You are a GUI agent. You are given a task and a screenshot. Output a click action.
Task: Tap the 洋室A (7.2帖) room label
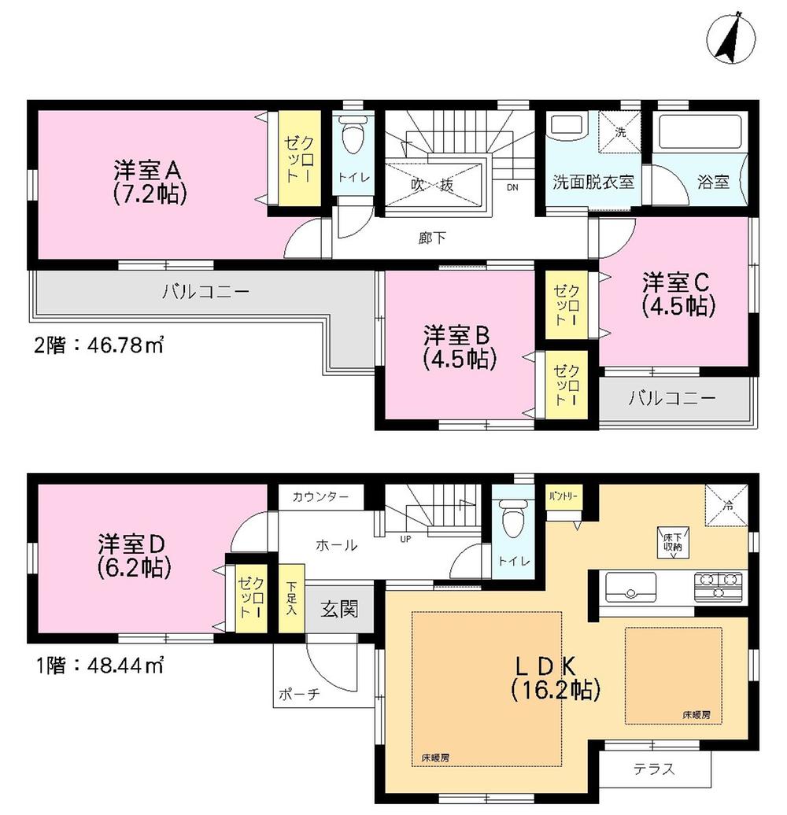(150, 181)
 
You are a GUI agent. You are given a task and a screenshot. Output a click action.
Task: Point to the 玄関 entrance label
(340, 609)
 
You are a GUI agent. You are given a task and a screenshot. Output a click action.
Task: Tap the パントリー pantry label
(563, 496)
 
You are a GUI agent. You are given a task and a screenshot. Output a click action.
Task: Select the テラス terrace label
(655, 769)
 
